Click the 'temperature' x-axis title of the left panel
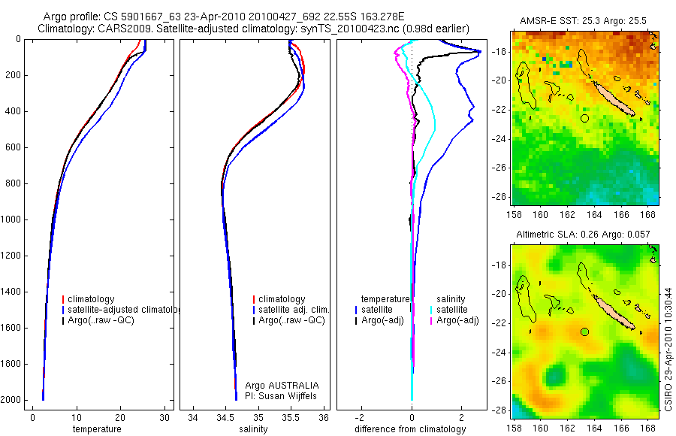click(97, 429)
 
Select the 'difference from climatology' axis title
click(411, 429)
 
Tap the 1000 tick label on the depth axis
click(11, 220)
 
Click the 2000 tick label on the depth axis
click(11, 401)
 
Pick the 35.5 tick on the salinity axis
click(291, 417)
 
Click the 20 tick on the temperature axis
click(120, 417)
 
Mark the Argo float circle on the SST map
click(585, 118)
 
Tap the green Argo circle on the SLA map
click(585, 332)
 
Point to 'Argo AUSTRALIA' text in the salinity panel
click(276, 386)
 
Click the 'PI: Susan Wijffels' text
click(276, 395)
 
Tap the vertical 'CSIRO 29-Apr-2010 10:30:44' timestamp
click(669, 335)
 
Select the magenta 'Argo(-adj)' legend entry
click(457, 320)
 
